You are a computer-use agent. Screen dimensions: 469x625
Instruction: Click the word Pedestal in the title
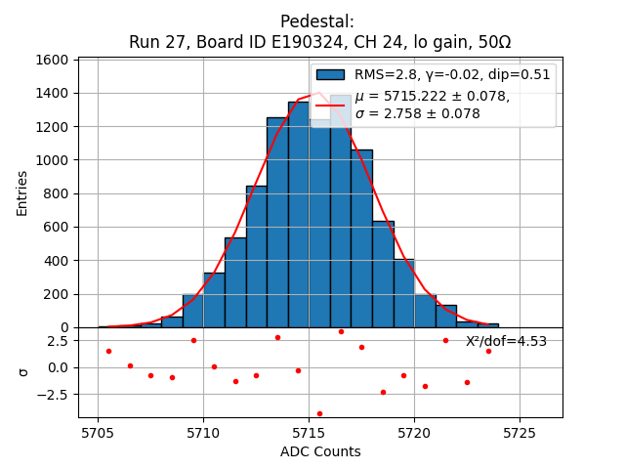pos(316,21)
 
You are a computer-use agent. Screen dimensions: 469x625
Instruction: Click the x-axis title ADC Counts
pos(320,451)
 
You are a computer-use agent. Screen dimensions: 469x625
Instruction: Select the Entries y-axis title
pos(22,192)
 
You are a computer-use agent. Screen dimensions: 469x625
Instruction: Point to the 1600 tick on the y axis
pos(52,60)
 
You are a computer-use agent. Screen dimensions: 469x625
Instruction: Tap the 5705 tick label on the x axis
pos(98,432)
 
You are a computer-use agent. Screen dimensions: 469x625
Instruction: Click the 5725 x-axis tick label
pos(520,432)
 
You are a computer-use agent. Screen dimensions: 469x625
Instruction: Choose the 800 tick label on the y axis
pos(56,193)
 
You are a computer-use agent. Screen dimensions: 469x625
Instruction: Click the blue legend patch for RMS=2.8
pos(330,74)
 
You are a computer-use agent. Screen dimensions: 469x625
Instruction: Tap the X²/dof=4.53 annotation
pos(506,341)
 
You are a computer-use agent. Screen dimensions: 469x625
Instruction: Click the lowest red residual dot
pos(319,413)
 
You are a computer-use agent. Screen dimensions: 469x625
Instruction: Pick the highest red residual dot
pos(341,331)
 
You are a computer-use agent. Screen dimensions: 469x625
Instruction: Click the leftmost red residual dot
pos(108,351)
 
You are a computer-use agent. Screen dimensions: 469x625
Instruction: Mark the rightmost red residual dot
pos(488,351)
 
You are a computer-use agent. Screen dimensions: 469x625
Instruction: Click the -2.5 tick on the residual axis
pos(53,395)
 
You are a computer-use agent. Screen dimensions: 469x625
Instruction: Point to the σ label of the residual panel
pos(22,372)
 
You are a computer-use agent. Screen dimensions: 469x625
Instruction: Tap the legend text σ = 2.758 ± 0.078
pos(418,113)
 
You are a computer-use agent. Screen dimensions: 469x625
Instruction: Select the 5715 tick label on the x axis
pos(309,432)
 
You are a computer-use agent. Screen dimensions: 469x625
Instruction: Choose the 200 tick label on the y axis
pos(56,294)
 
